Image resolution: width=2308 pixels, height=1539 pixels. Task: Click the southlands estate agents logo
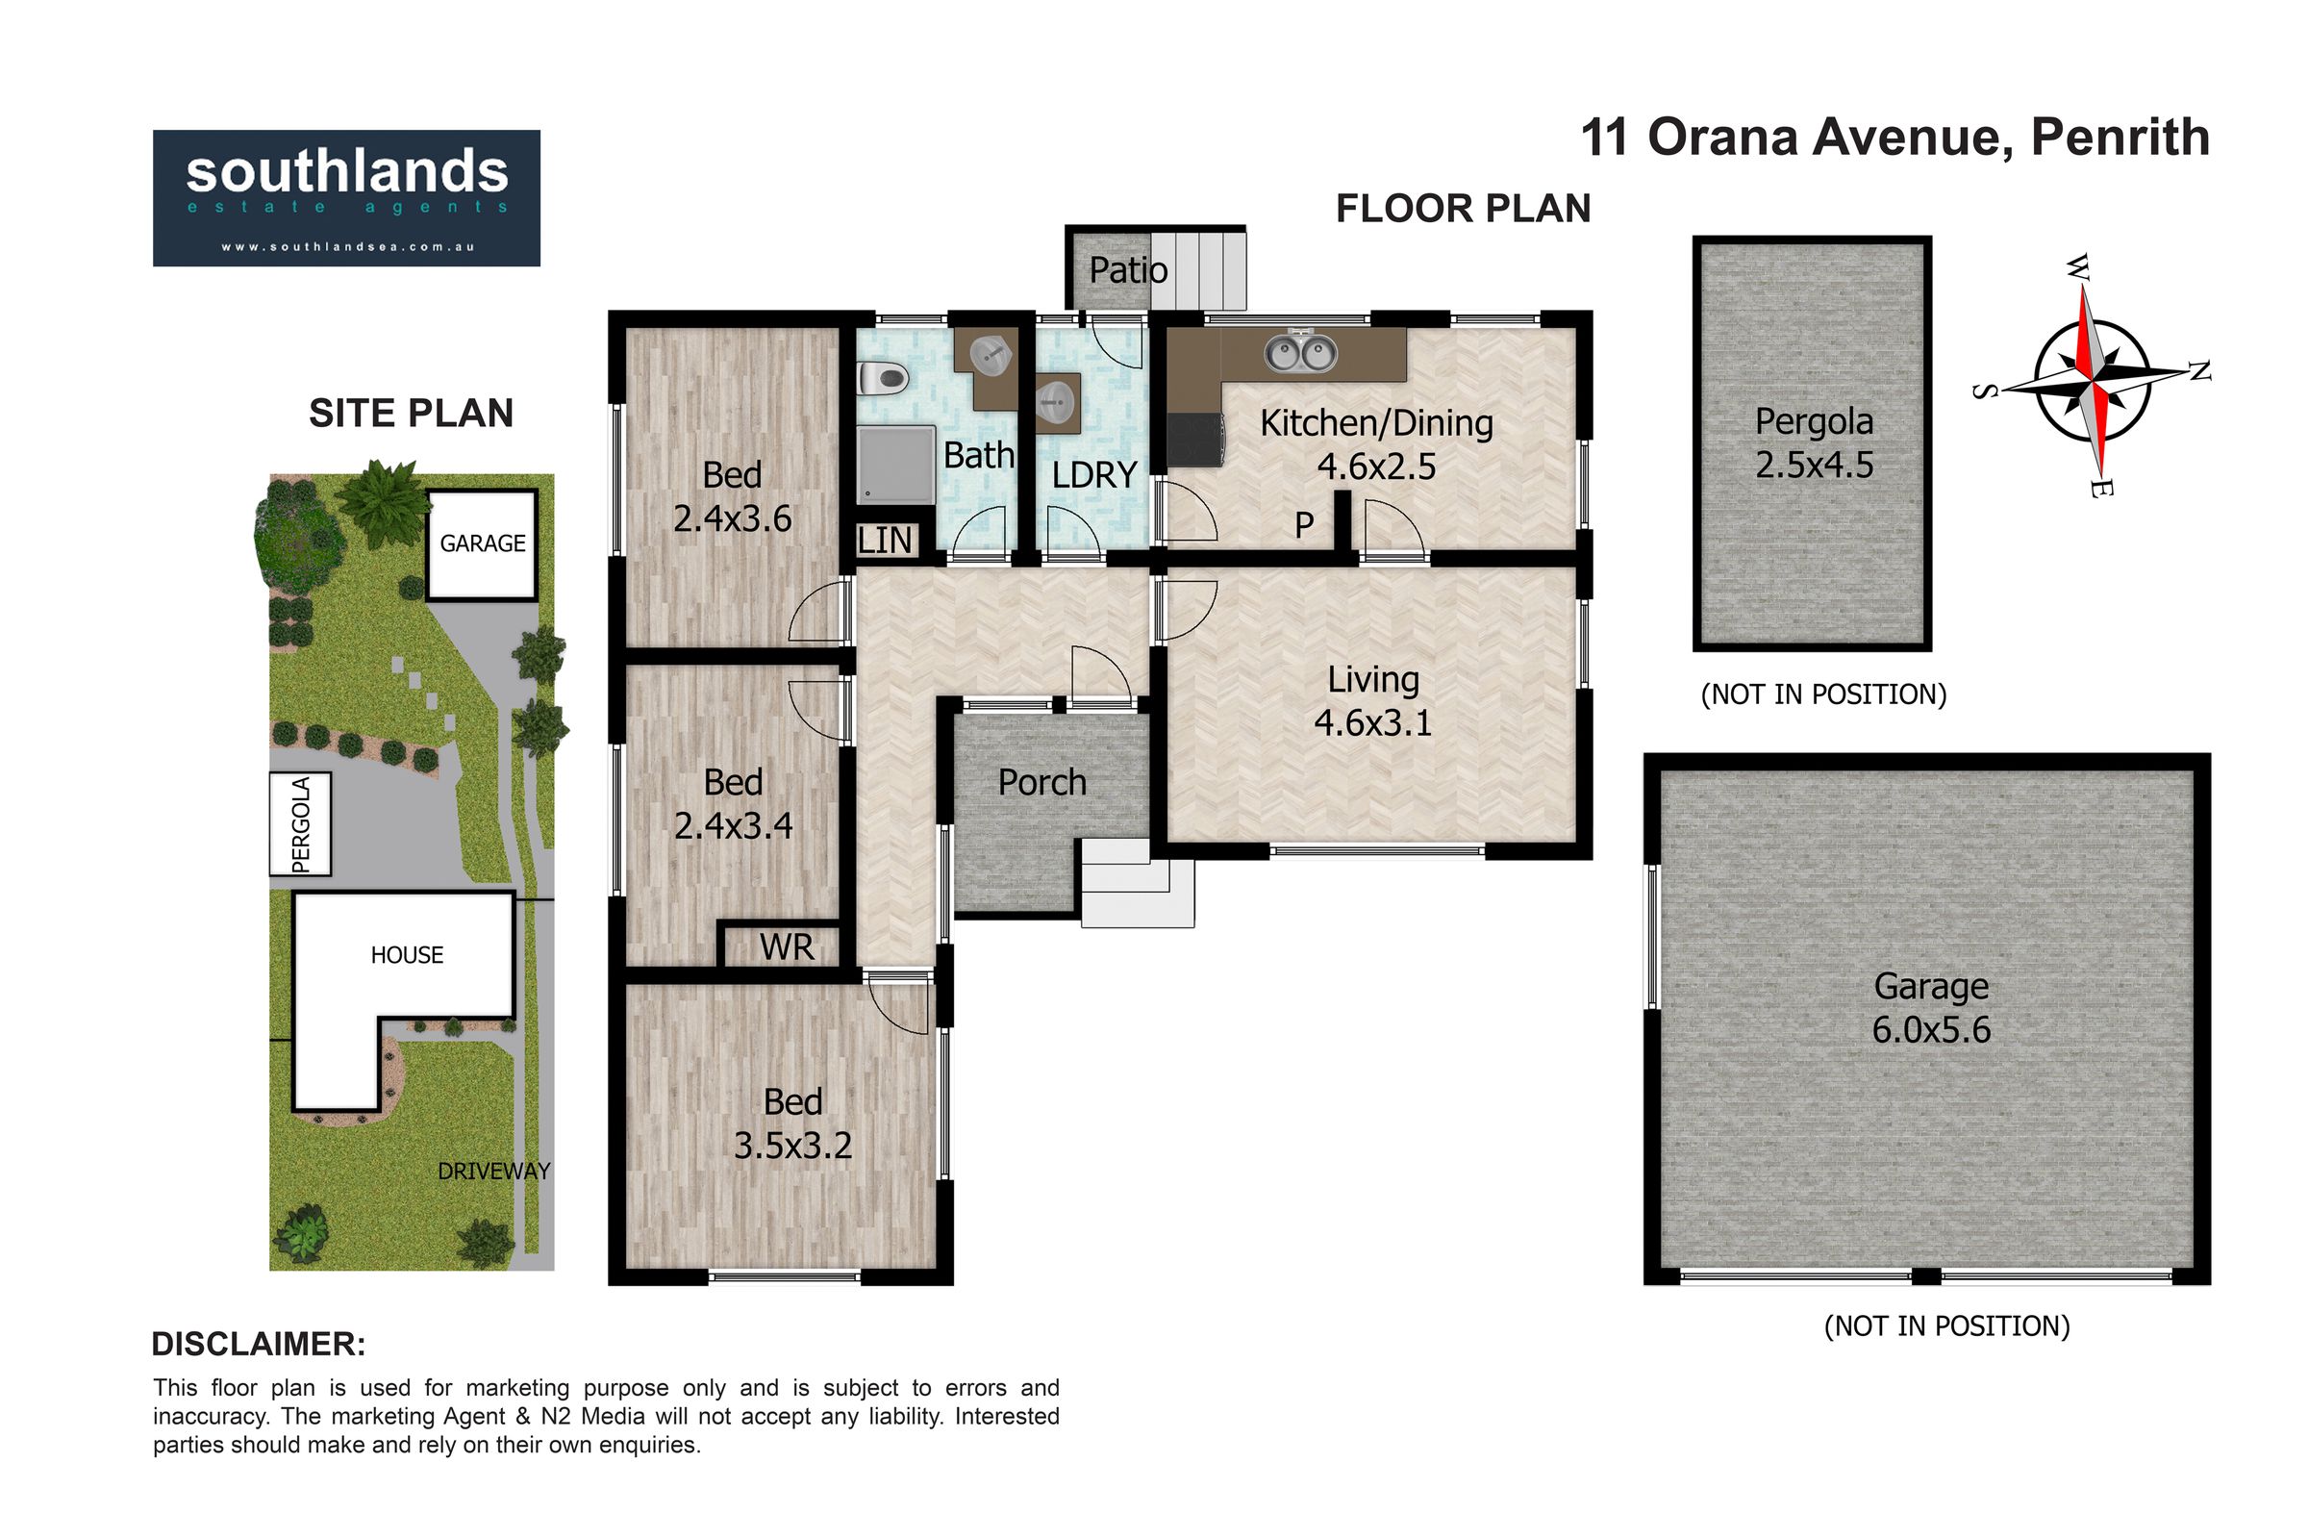point(346,197)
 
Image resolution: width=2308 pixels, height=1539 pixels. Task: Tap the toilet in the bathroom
point(881,378)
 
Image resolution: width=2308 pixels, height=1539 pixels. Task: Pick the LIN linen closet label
point(885,540)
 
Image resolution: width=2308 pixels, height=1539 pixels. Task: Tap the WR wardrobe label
point(787,947)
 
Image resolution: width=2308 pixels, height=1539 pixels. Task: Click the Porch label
point(1042,782)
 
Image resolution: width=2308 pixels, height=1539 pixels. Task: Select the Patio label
point(1128,270)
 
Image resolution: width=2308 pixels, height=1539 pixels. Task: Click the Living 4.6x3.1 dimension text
point(1373,722)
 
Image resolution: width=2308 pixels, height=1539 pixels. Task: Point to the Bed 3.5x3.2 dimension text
point(792,1145)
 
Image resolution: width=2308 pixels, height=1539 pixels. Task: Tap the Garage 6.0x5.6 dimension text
point(1931,1028)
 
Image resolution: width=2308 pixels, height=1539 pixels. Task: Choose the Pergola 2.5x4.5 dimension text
point(1815,465)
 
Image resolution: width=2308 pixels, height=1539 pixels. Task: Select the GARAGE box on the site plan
point(482,544)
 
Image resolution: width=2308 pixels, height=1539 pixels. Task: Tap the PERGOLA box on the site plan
point(301,824)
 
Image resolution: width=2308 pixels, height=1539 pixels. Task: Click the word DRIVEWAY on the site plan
point(493,1171)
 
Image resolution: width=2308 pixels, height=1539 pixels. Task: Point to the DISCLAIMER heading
point(259,1344)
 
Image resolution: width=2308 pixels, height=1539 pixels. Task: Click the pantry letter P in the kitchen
point(1304,525)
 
